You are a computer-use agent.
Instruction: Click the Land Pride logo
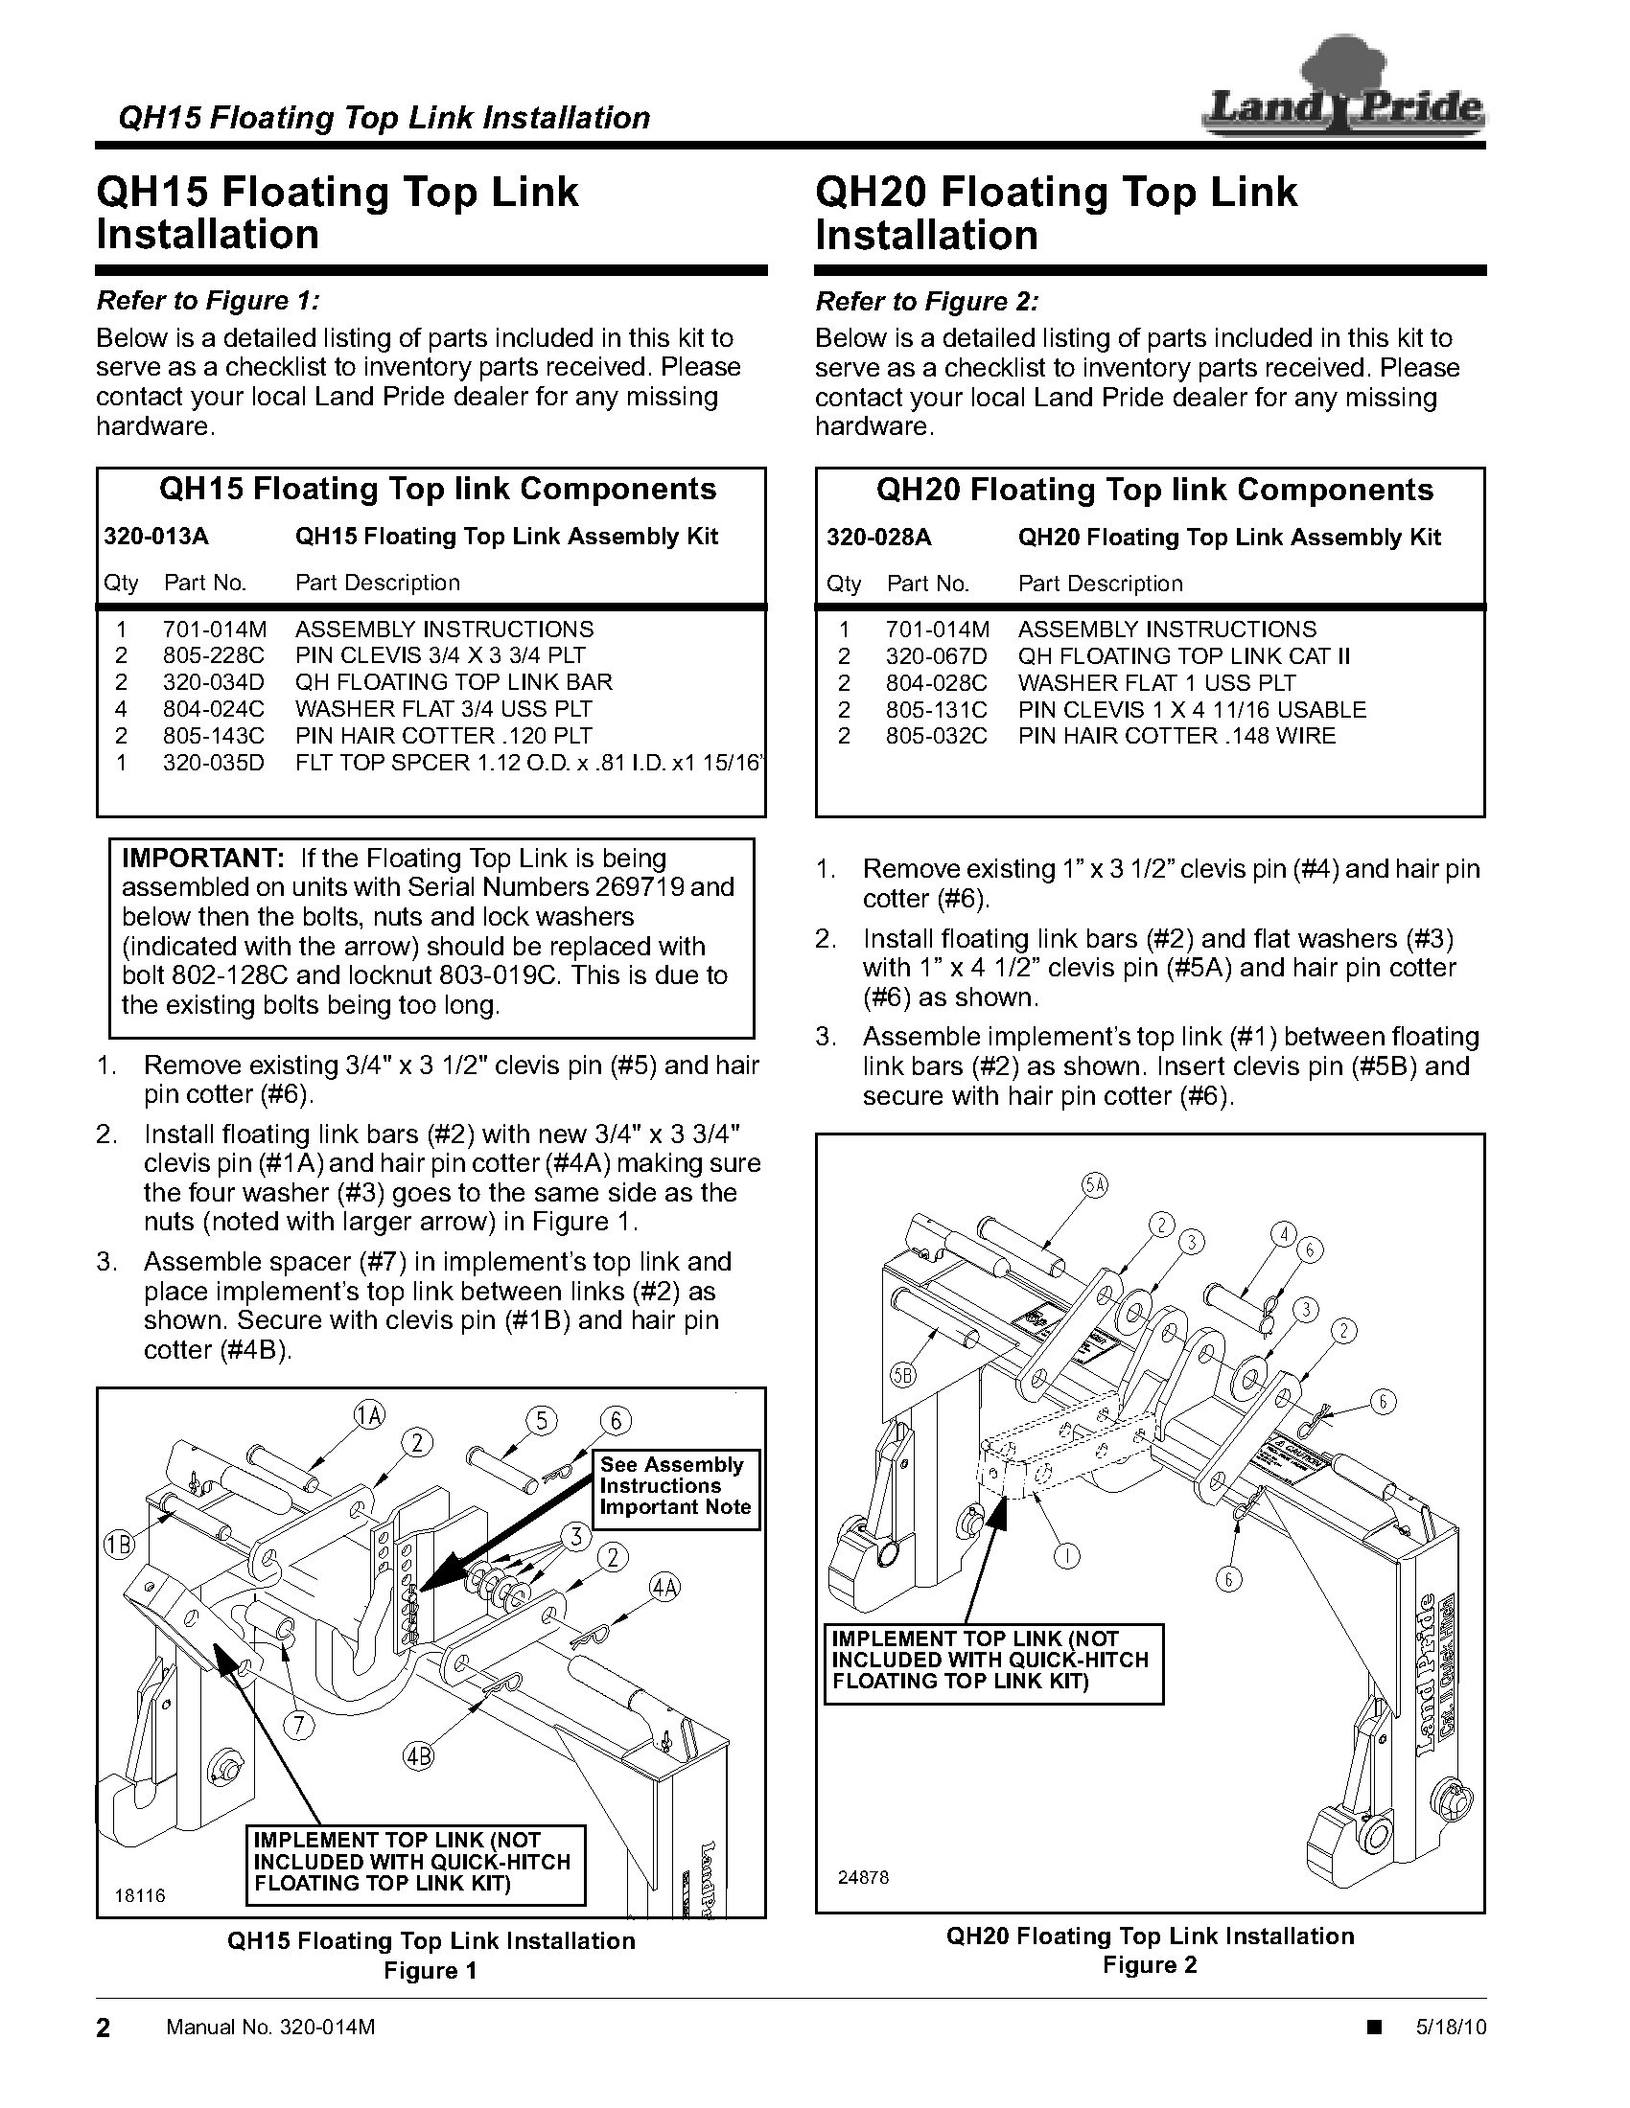pos(1342,97)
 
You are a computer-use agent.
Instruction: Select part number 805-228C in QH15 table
pos(213,655)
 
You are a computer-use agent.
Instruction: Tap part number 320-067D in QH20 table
pos(937,656)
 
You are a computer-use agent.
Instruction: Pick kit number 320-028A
pos(878,538)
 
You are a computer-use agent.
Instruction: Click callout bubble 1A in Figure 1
pos(370,1416)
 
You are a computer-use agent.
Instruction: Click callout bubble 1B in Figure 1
pos(118,1546)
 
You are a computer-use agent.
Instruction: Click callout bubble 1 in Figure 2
pos(1066,1555)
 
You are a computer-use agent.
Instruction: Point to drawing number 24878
pos(863,1878)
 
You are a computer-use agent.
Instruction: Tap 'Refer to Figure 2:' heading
pos(926,302)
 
